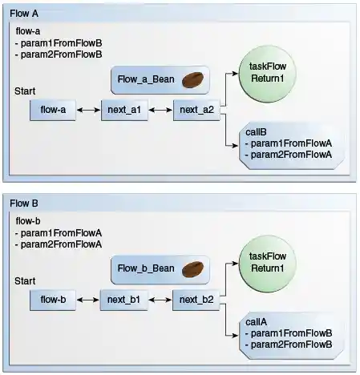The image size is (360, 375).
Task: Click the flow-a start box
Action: pyautogui.click(x=53, y=111)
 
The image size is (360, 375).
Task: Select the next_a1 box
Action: pyautogui.click(x=124, y=111)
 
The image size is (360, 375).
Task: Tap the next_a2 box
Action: pyautogui.click(x=197, y=111)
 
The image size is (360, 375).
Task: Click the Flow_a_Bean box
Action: pyautogui.click(x=160, y=80)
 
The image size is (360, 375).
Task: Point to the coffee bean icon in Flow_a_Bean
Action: pyautogui.click(x=192, y=80)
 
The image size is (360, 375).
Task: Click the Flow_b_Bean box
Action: pyautogui.click(x=160, y=269)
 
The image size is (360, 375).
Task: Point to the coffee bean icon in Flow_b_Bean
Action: pyautogui.click(x=192, y=269)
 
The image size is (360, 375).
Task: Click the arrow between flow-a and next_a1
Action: pyautogui.click(x=88, y=111)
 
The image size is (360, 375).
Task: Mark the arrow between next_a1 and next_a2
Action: pyautogui.click(x=160, y=111)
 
